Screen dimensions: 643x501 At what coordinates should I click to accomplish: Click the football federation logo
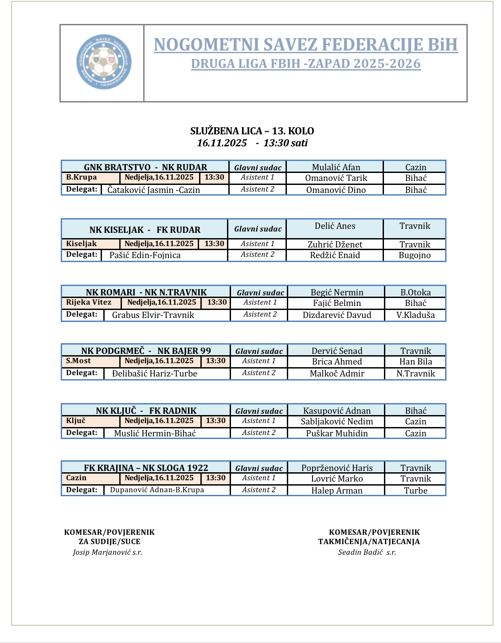(104, 62)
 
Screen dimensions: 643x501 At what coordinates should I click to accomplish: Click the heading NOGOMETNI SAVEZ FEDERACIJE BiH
(305, 45)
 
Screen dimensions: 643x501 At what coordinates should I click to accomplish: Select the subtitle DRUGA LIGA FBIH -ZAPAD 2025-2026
(305, 64)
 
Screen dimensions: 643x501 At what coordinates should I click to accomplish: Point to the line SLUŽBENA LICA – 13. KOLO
(252, 131)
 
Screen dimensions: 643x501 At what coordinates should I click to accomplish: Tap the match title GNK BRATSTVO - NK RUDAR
(145, 167)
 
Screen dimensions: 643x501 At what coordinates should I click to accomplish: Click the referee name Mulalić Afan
(336, 167)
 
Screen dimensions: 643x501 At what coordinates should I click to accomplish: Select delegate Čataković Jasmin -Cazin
(153, 190)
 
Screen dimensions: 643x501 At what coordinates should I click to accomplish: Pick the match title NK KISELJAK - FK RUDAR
(145, 230)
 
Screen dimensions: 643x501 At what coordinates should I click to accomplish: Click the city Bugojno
(415, 255)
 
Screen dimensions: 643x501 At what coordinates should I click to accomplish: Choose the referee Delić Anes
(335, 226)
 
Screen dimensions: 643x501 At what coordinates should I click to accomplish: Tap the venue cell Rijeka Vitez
(89, 302)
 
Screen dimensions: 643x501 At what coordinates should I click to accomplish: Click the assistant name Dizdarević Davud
(337, 315)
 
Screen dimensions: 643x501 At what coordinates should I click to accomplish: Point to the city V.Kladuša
(415, 315)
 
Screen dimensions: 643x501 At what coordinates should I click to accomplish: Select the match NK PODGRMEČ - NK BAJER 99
(146, 351)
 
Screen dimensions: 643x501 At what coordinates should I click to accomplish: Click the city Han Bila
(415, 361)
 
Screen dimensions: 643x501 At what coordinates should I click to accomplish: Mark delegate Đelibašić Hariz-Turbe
(154, 373)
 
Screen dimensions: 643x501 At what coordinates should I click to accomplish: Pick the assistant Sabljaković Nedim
(337, 421)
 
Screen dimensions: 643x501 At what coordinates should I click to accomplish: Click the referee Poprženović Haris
(337, 468)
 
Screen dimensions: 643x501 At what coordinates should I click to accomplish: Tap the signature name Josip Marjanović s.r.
(108, 552)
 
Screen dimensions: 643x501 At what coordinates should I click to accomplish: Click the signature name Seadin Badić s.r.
(367, 552)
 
